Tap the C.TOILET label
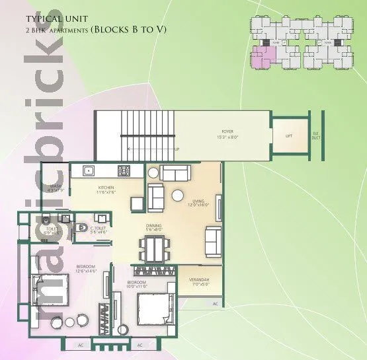coord(99,231)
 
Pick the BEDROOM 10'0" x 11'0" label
coord(138,283)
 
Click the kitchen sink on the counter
coord(87,171)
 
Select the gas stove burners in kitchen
coord(124,171)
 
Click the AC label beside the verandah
coord(215,303)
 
